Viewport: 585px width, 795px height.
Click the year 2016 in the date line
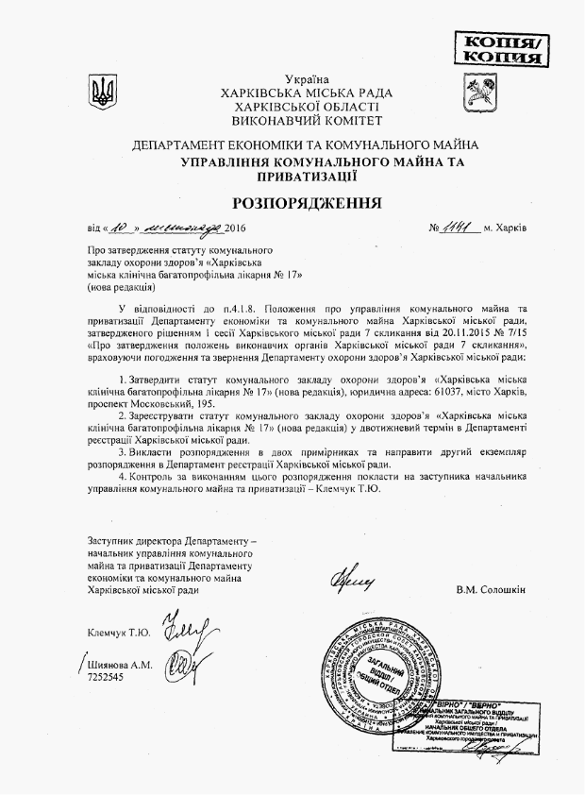point(236,229)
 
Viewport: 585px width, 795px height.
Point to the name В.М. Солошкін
point(490,590)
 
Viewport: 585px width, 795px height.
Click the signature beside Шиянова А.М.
point(175,668)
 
